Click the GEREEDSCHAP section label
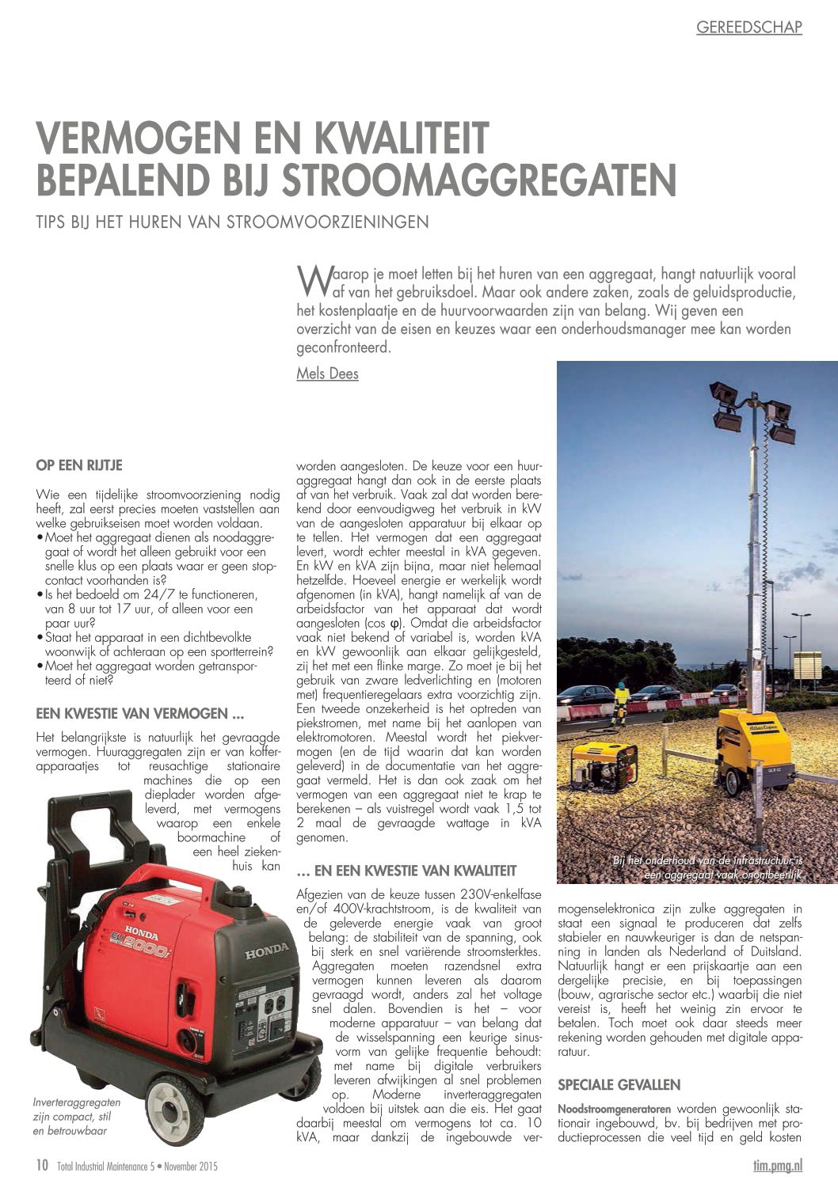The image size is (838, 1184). point(748,28)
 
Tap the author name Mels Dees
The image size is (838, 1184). point(327,373)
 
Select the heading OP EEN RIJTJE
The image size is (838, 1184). point(79,465)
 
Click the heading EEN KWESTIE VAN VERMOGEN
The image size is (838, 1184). point(139,714)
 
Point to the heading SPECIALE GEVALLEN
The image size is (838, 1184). point(619,1084)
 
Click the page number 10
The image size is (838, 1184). point(41,1165)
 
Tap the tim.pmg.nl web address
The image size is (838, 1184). point(777,1165)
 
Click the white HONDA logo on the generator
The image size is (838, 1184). point(266,952)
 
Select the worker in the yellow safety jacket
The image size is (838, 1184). point(619,701)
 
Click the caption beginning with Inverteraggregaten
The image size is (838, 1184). point(77,1116)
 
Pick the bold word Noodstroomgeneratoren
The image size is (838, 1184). point(615,1108)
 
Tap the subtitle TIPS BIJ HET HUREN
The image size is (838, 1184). point(233,222)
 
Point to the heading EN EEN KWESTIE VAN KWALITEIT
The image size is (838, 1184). point(406,871)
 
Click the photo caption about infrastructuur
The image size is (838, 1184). point(707,867)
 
